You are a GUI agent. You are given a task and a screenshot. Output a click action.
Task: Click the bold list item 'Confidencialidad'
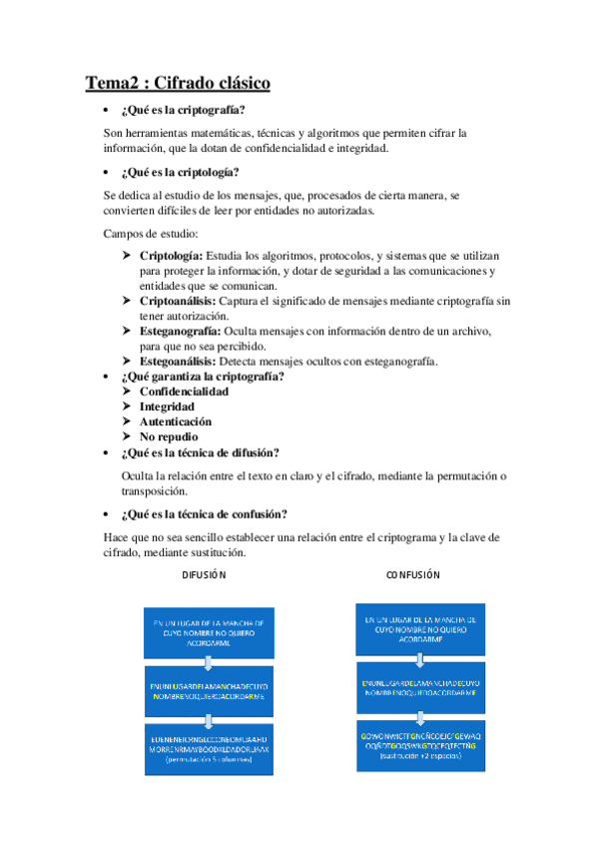coord(184,392)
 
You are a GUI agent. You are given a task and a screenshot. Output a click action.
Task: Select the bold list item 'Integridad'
coord(167,407)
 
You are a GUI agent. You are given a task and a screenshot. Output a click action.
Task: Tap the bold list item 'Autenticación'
coord(175,422)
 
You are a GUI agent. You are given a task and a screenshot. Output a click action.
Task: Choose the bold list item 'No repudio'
coord(169,436)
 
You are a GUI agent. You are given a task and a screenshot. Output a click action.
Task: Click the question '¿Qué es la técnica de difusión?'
coord(200,452)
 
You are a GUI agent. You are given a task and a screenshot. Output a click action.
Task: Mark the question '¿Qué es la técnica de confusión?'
coord(205,514)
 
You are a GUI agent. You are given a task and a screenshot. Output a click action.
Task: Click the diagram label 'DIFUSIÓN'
coord(205,575)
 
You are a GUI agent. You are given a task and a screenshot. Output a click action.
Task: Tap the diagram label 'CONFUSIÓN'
coord(413,575)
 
